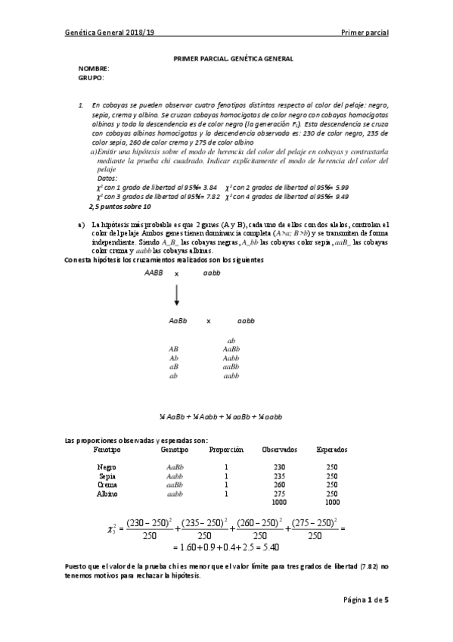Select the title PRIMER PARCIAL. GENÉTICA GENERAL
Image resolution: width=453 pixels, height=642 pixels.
tap(233, 58)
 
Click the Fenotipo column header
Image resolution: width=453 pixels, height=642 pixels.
tap(108, 449)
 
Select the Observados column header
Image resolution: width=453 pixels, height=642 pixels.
tap(279, 449)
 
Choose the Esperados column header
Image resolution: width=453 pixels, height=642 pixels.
tap(332, 449)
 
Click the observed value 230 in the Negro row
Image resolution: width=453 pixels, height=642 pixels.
tap(279, 467)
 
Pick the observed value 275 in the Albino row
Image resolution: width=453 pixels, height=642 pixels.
tap(279, 494)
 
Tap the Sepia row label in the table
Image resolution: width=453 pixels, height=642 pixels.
tap(107, 476)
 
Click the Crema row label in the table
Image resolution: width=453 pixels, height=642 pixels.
tap(107, 485)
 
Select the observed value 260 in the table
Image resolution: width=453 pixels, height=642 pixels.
tap(279, 485)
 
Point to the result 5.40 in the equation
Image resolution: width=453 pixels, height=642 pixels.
tap(271, 546)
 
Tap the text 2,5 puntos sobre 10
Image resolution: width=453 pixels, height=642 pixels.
tap(119, 206)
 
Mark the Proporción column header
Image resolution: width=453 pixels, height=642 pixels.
tap(226, 449)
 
